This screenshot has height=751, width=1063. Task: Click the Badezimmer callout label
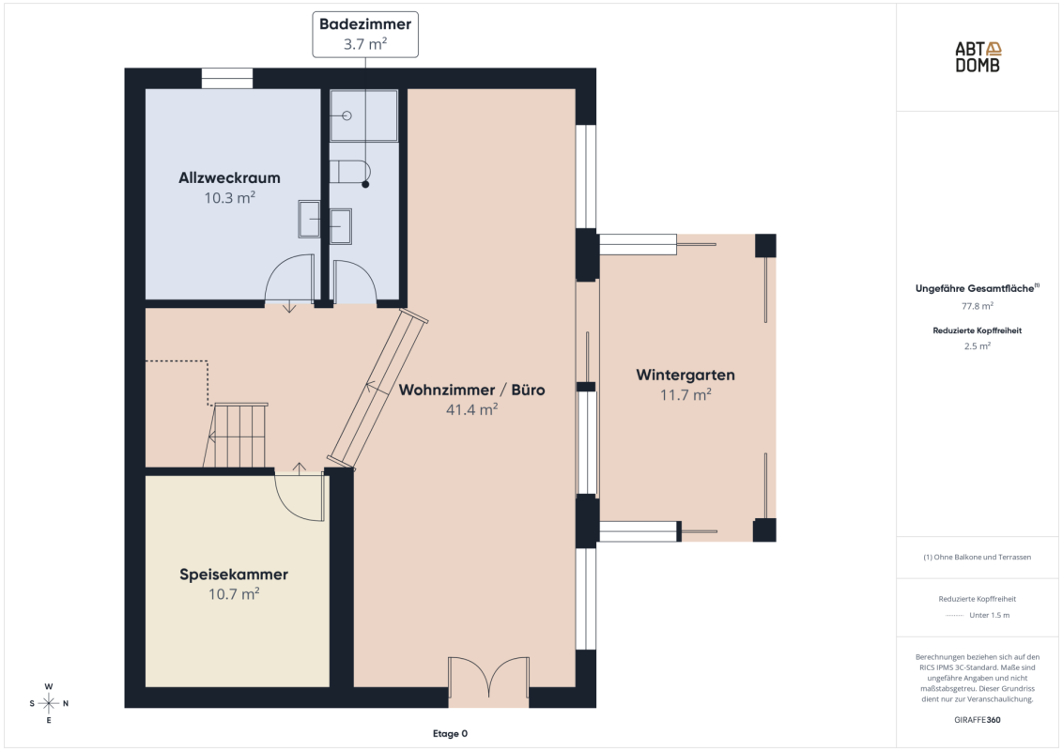[365, 34]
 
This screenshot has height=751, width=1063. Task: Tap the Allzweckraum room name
[229, 177]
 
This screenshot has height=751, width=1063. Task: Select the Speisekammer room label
[234, 575]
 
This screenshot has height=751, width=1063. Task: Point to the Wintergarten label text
[686, 375]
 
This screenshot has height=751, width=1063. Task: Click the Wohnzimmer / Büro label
[471, 390]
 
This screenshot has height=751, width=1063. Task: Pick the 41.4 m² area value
[471, 409]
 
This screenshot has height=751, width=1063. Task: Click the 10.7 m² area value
[234, 593]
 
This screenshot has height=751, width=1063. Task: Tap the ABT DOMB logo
[978, 57]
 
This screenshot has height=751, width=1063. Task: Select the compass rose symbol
[49, 703]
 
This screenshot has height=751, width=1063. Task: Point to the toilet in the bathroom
[350, 172]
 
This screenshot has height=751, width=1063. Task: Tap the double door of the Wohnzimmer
[488, 677]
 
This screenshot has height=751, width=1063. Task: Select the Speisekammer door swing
[299, 497]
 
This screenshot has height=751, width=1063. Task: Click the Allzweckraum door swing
[289, 279]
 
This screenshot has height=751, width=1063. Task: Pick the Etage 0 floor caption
[450, 733]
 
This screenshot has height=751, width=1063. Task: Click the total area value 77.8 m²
[978, 306]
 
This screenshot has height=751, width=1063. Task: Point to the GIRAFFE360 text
[978, 720]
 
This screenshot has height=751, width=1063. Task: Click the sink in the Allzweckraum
[309, 219]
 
